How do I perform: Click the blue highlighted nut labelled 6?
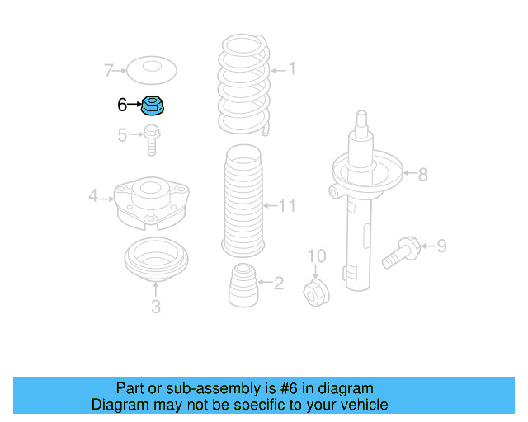pyautogui.click(x=152, y=105)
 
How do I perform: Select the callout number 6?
pyautogui.click(x=122, y=105)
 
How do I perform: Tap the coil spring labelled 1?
pyautogui.click(x=244, y=85)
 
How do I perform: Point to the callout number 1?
pyautogui.click(x=291, y=68)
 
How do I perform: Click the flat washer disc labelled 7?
pyautogui.click(x=152, y=70)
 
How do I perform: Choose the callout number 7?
pyautogui.click(x=108, y=71)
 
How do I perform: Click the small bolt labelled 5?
pyautogui.click(x=152, y=140)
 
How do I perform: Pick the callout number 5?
pyautogui.click(x=122, y=135)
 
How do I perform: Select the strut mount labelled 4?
pyautogui.click(x=152, y=204)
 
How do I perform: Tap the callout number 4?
pyautogui.click(x=93, y=195)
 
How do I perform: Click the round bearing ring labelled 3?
pyautogui.click(x=156, y=260)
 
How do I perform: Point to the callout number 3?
pyautogui.click(x=156, y=307)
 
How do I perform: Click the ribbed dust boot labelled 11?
pyautogui.click(x=243, y=201)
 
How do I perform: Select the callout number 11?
pyautogui.click(x=287, y=205)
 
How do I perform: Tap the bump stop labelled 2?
pyautogui.click(x=243, y=285)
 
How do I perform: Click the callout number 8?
pyautogui.click(x=422, y=174)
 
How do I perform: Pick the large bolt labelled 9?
pyautogui.click(x=401, y=252)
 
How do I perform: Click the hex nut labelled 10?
pyautogui.click(x=316, y=293)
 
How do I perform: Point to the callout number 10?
pyautogui.click(x=317, y=256)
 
